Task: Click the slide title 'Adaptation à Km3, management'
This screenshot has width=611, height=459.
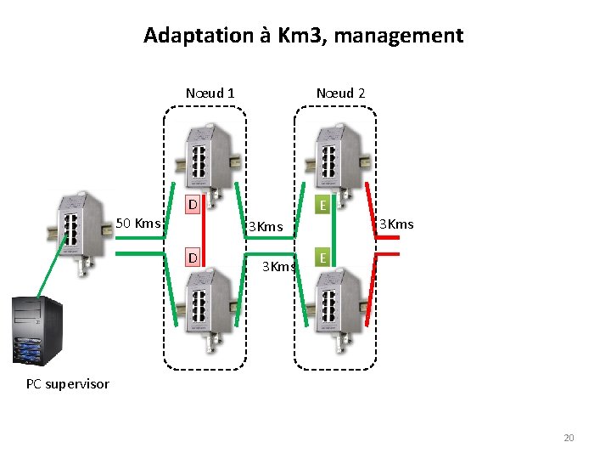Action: tap(303, 36)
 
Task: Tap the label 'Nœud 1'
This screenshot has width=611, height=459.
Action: tap(210, 93)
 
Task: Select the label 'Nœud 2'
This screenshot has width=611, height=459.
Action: tap(340, 93)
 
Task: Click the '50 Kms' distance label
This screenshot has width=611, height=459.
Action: tap(137, 224)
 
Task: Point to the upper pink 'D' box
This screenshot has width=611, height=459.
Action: tap(193, 205)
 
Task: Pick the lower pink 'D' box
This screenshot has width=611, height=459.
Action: tap(193, 258)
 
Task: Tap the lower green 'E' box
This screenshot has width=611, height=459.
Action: tap(322, 258)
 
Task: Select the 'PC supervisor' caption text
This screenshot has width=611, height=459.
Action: tap(68, 384)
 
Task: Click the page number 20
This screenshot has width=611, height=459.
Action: tap(569, 438)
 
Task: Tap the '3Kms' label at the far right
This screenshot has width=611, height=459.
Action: tap(396, 224)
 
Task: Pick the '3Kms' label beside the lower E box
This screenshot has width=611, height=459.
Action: tap(278, 267)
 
